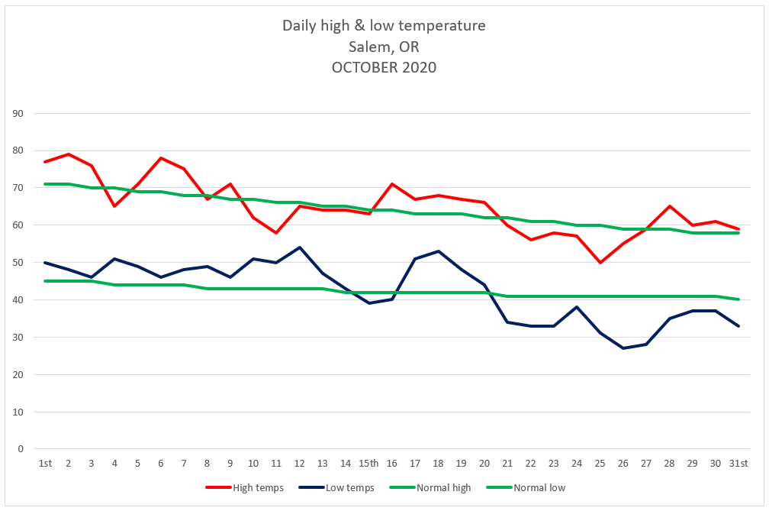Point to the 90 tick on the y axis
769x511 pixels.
pos(18,114)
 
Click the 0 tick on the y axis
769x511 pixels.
pos(21,449)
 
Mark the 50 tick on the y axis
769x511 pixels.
pos(18,263)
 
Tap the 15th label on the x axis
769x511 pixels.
pos(369,464)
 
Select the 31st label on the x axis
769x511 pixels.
pos(738,464)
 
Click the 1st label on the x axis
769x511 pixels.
pos(45,464)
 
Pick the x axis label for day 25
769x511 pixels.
pos(600,464)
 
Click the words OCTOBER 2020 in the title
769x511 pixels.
pos(384,67)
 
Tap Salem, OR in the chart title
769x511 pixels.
pos(384,47)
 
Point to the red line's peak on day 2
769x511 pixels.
pos(68,154)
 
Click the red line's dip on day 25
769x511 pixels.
pos(600,263)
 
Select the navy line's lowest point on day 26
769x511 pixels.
pos(623,348)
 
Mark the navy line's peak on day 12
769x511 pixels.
pos(300,247)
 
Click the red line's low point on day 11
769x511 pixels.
pos(276,233)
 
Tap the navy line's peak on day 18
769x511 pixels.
pos(438,251)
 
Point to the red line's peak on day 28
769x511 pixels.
pos(669,206)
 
